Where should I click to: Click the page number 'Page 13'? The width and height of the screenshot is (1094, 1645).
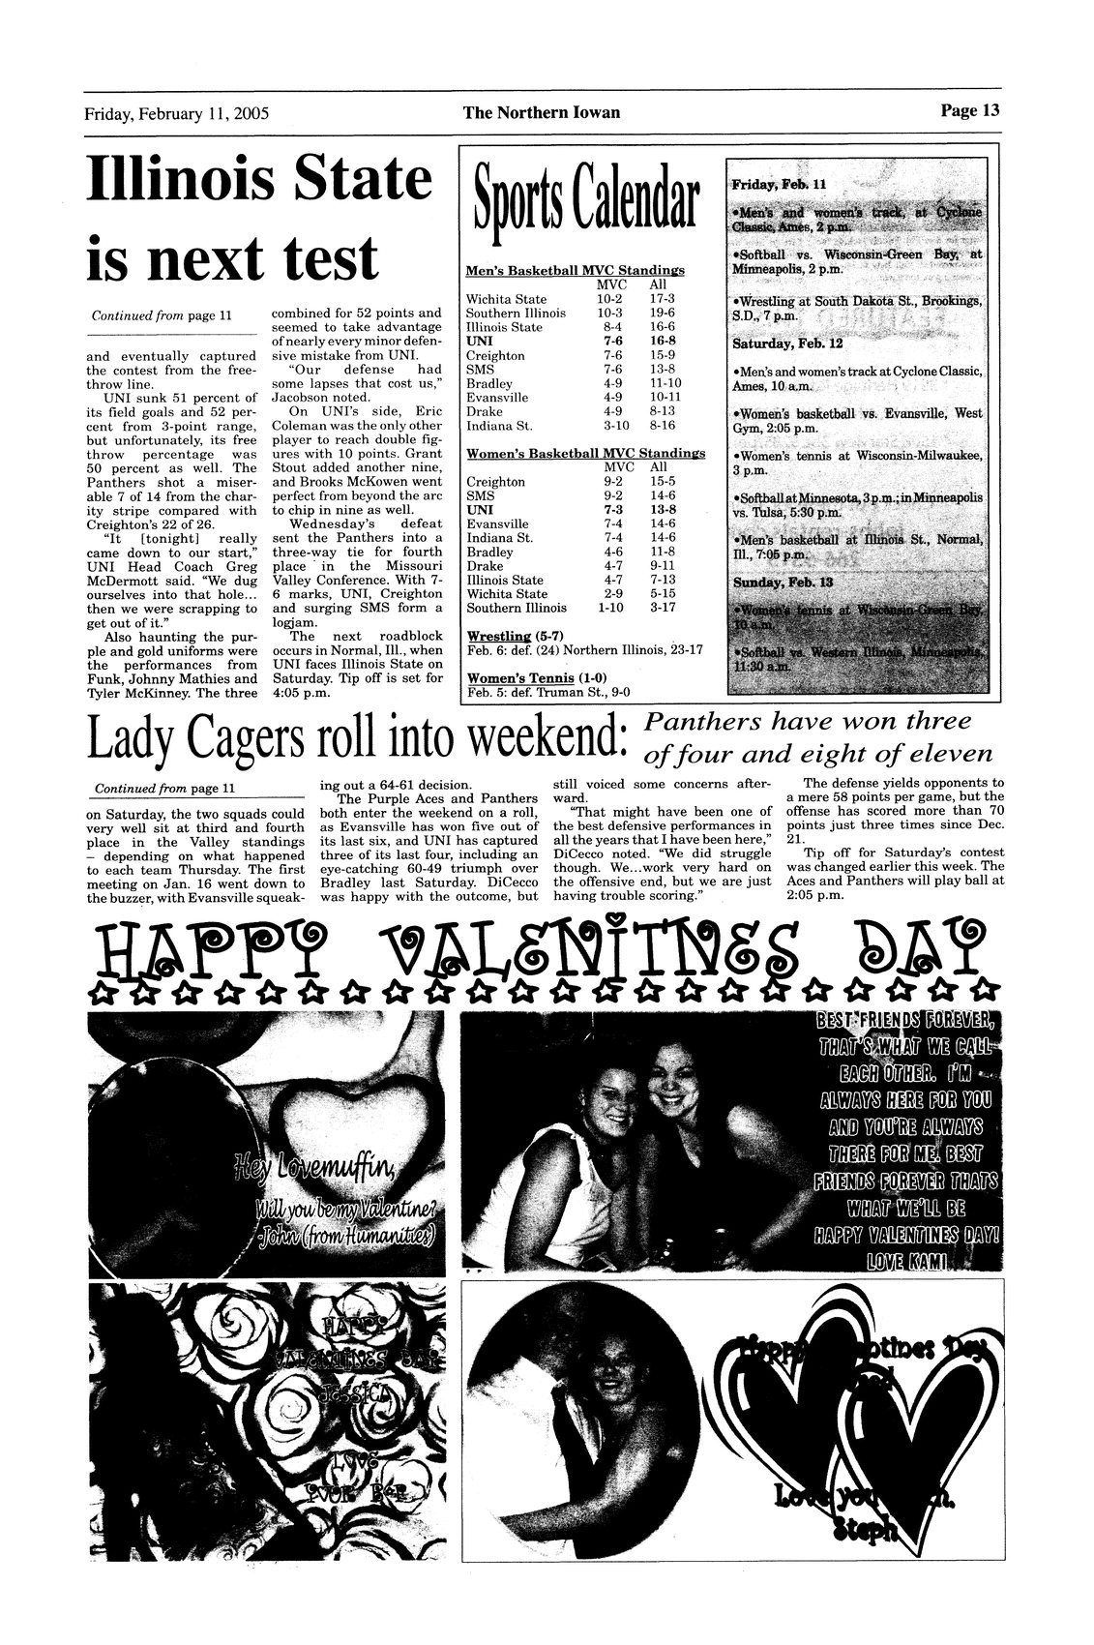click(968, 110)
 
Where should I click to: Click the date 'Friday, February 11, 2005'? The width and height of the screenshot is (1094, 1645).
click(176, 112)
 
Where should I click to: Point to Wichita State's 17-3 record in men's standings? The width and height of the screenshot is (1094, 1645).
click(663, 299)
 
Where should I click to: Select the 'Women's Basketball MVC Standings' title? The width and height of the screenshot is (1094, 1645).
click(585, 453)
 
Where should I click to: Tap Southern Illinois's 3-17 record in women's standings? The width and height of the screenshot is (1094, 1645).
click(663, 608)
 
